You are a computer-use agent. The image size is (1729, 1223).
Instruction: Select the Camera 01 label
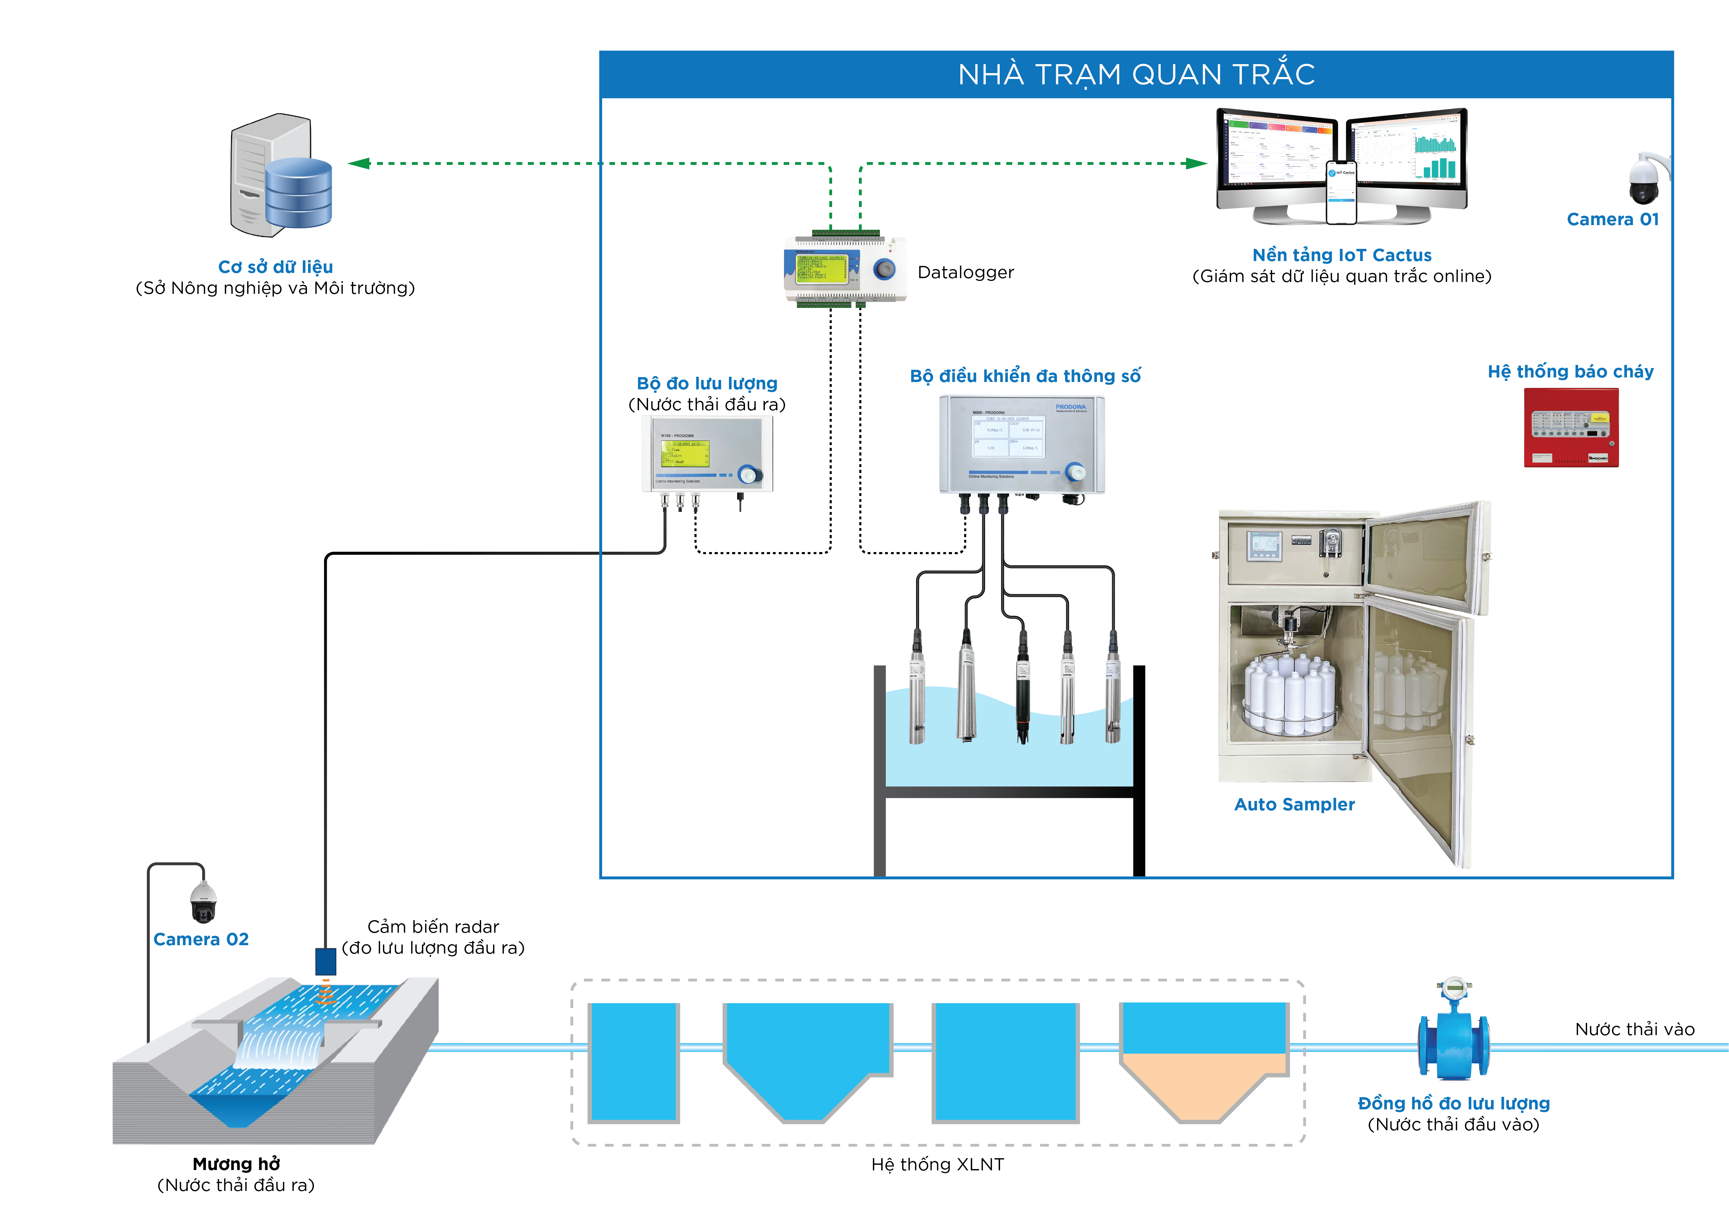[1612, 219]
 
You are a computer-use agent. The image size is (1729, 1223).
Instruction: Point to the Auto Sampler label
[1294, 804]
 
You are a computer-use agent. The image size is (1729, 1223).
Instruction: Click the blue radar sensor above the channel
[325, 962]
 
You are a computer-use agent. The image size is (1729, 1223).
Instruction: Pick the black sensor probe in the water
[1023, 689]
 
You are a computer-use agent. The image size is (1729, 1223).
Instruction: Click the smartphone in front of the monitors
[1341, 192]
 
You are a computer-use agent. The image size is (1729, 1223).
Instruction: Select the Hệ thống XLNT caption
[938, 1164]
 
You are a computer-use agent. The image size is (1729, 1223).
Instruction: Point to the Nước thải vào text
[1634, 1030]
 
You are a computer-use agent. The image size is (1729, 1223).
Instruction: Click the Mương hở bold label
[237, 1163]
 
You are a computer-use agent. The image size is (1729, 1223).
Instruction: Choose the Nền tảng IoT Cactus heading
[1341, 255]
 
